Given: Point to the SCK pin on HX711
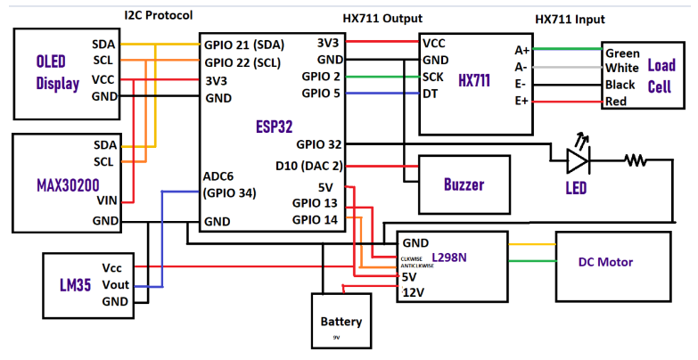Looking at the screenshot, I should coord(434,77).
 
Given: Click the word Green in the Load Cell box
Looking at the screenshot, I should coord(622,53).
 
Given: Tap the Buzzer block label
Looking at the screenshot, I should coord(463,184).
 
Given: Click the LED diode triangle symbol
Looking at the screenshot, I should coord(578,160).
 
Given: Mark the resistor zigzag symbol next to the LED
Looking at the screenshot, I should coord(636,160).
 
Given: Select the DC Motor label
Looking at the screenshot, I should coord(605,262).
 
